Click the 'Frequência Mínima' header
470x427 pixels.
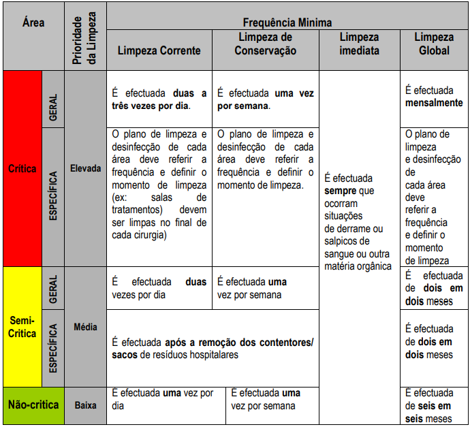click(x=287, y=22)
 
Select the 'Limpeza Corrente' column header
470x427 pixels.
click(x=159, y=50)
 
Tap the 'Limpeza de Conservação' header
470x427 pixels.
click(x=266, y=44)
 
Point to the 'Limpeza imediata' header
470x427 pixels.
click(x=359, y=44)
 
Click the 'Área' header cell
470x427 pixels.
click(x=33, y=22)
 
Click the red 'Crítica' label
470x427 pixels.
click(x=23, y=168)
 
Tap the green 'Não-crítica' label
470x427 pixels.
click(x=33, y=405)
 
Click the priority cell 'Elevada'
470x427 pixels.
click(x=85, y=168)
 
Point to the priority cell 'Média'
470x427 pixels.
click(x=85, y=327)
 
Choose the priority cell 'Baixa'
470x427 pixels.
click(x=85, y=405)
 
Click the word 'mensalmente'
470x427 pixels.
click(x=433, y=103)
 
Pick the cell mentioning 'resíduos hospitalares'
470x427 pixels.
click(x=213, y=349)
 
